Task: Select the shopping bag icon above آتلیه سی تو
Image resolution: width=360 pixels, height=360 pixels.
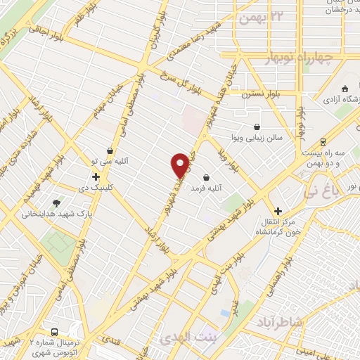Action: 110,151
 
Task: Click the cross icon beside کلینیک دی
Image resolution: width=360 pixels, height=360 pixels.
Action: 96,177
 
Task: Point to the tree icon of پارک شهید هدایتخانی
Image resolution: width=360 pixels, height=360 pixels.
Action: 57,202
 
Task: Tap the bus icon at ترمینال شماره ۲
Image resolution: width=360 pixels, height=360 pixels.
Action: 54,333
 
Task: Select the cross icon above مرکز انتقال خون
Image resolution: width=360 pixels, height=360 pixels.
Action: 278,211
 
